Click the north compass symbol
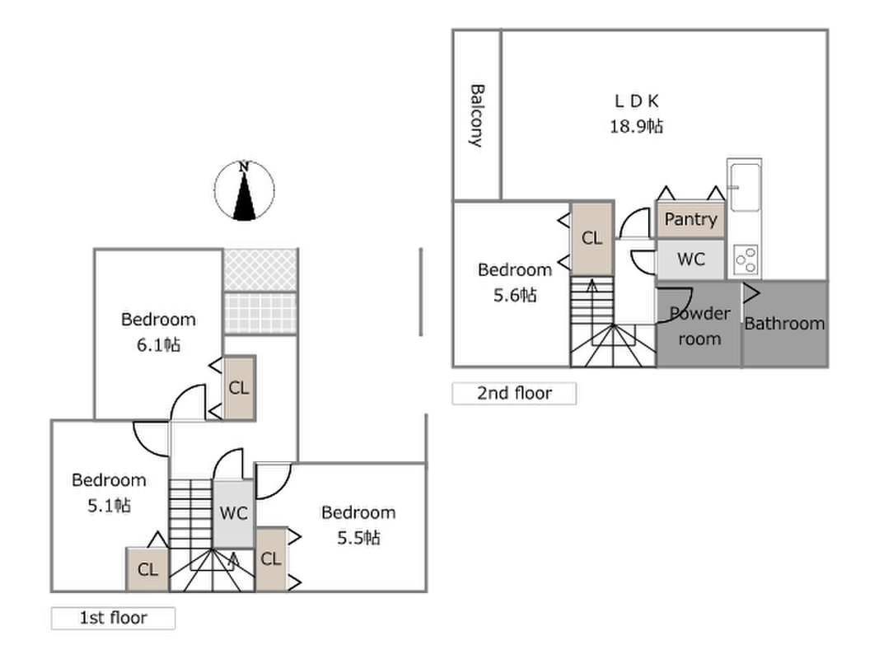pos(244,191)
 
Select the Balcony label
pos(476,115)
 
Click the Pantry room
pos(690,220)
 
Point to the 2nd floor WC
pos(690,259)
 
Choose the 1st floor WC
pos(234,513)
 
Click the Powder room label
pos(699,325)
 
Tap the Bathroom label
pos(784,324)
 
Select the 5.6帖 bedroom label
pos(515,282)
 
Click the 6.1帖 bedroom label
pos(158,331)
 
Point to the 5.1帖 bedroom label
pos(109,492)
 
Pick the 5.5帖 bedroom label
pos(358,525)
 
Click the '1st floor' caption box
pos(113,618)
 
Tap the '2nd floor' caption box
pos(514,394)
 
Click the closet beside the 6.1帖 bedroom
pos(239,388)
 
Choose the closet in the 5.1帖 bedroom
pos(147,569)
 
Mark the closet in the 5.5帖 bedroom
pos(270,559)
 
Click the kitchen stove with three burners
pos(746,260)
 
